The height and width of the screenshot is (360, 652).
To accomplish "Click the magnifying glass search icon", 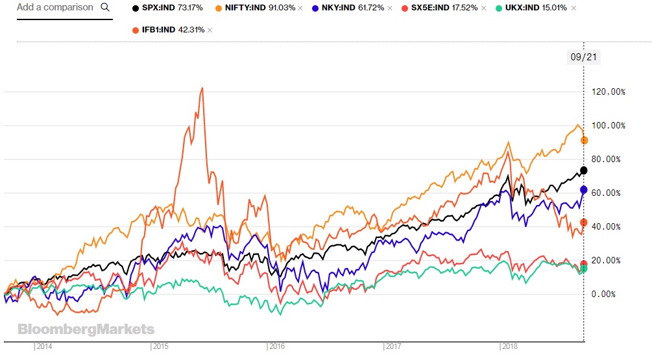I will coord(105,8).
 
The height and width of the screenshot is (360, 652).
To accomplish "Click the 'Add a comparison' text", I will coord(55,8).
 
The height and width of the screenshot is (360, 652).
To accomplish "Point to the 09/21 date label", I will coord(583,57).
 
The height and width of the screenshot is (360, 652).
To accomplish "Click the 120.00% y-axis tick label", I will coord(610,92).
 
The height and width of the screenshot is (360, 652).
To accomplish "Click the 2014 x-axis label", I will coord(44,347).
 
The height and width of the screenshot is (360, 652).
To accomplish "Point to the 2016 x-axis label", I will coord(277,347).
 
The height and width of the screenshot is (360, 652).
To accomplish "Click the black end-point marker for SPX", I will coord(584,171).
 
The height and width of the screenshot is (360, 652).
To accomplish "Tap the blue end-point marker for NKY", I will coord(584,190).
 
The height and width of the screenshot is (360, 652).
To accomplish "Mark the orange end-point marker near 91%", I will coord(584,140).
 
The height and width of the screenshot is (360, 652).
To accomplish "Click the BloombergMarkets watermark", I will coord(86,330).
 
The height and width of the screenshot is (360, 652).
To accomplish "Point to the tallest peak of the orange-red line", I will coord(202,88).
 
